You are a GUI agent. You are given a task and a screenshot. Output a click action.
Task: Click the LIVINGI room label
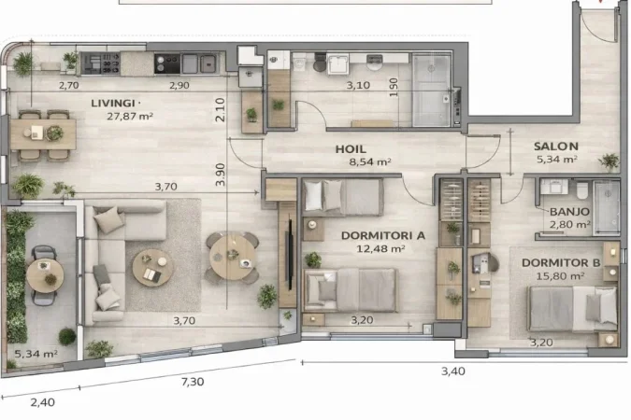(x=116, y=103)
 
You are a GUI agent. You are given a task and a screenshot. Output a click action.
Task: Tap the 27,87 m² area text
(x=131, y=117)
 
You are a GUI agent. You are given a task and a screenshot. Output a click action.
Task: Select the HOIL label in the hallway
(x=351, y=148)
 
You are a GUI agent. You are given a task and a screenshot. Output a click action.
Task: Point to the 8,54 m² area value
(x=370, y=161)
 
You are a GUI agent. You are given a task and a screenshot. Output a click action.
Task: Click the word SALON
(x=556, y=147)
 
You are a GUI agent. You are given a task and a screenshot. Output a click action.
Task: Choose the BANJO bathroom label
(x=569, y=212)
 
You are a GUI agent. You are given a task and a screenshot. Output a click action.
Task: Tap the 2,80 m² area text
(x=569, y=225)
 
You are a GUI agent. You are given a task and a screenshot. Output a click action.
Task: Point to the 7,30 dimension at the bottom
(x=192, y=382)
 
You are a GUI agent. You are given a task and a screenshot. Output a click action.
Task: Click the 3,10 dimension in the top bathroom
(x=359, y=85)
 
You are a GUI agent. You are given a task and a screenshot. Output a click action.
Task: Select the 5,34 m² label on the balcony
(x=36, y=355)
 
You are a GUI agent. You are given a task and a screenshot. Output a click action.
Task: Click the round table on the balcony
(x=44, y=273)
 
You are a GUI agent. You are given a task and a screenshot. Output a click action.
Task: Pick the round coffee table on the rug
(x=148, y=266)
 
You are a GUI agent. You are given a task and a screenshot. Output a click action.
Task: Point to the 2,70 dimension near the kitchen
(x=68, y=85)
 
